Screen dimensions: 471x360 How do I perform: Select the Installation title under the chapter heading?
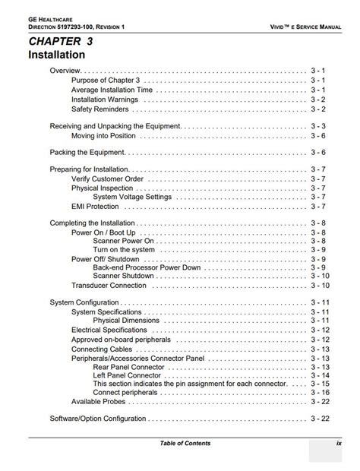point(56,55)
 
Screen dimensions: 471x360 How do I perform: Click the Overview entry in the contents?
point(65,70)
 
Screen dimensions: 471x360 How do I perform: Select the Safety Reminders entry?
point(99,109)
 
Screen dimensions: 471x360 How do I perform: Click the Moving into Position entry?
point(103,136)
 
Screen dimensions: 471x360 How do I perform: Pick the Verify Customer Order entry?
point(107,179)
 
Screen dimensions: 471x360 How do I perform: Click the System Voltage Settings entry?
point(132,197)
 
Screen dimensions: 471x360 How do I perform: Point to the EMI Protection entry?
point(95,206)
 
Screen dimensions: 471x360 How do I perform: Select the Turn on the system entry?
point(124,250)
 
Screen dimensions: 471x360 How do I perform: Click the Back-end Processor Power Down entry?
point(147,267)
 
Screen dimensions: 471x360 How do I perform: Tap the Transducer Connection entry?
point(109,286)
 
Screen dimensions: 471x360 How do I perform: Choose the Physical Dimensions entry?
point(126,321)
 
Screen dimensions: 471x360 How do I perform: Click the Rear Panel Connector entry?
point(128,366)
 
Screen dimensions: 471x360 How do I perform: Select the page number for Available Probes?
point(320,401)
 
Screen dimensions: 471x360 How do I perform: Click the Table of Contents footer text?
point(185,443)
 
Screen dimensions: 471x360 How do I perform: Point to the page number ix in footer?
point(339,443)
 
